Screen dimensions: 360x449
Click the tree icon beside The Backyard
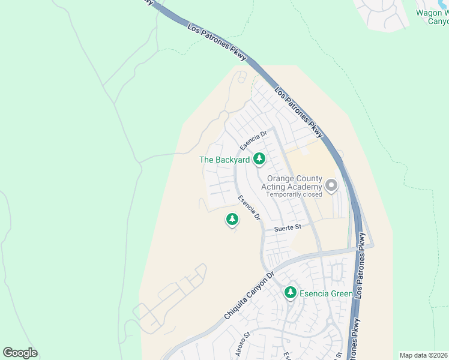(x=259, y=159)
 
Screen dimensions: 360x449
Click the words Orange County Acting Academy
(x=294, y=183)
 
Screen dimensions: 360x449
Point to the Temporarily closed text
(x=294, y=194)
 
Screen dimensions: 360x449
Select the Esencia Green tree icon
(x=291, y=293)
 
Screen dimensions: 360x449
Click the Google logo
(x=20, y=353)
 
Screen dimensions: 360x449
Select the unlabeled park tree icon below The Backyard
(x=232, y=220)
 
